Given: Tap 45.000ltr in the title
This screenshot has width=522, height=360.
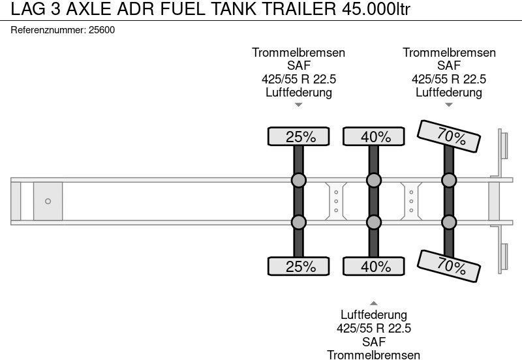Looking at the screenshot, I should coord(371,11).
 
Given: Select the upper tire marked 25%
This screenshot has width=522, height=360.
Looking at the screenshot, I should coord(298,136).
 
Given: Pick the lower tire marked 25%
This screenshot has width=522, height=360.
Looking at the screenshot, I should coord(298,266).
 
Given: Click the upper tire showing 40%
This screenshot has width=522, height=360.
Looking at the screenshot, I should coord(374,136).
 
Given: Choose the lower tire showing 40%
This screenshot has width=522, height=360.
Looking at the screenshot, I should coord(374,266).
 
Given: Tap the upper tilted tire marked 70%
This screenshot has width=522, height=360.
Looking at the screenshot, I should coord(450,137).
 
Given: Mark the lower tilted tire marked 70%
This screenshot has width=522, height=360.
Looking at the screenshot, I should coord(450,265).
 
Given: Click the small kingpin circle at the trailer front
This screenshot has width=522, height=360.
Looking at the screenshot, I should coord(48,202).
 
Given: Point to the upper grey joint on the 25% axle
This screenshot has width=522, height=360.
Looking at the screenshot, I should coord(298,181).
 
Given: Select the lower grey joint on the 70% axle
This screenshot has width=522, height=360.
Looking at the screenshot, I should coord(449,222).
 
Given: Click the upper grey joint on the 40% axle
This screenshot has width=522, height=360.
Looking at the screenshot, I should coord(374,181).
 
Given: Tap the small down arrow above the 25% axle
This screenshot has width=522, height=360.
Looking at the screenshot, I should coord(298,104).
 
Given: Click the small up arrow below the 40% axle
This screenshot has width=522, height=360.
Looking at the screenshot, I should coord(374,303).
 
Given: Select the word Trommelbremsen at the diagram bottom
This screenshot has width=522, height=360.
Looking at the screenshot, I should coord(374,354).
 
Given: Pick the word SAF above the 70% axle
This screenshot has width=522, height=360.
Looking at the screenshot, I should coord(449,66).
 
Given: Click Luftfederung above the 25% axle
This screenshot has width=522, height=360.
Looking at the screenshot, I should coord(299,92).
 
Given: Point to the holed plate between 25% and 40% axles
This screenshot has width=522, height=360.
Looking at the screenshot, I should coord(336,202).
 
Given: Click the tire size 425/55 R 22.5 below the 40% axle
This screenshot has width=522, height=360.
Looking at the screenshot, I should coord(374,328).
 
